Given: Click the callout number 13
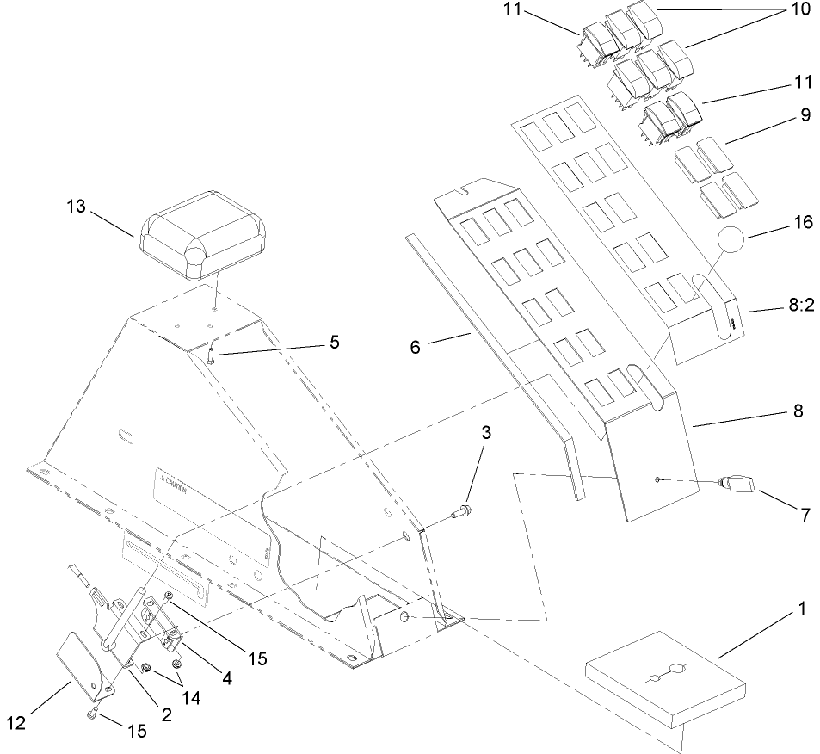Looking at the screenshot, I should pos(77,207).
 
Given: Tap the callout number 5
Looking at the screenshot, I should pos(333,342).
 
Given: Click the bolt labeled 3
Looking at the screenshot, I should pos(459,515).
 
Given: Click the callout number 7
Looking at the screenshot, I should pos(805,516).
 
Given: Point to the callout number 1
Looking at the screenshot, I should pos(801,608).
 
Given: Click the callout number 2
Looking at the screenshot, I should pos(166,714).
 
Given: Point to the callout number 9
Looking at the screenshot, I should pos(805,115).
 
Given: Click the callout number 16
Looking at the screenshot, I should pos(803,223).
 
